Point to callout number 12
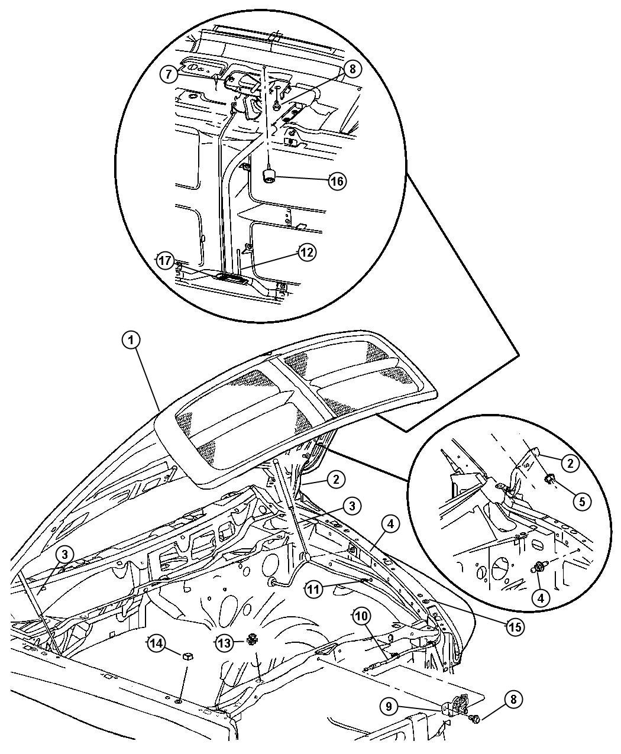[x=307, y=253]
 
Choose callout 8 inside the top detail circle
[x=352, y=69]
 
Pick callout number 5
[x=582, y=501]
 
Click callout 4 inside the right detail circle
[x=541, y=598]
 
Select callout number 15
[x=515, y=627]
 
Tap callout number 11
[x=313, y=590]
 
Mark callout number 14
[x=156, y=643]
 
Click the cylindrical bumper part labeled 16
[x=268, y=177]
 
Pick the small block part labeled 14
[x=187, y=656]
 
